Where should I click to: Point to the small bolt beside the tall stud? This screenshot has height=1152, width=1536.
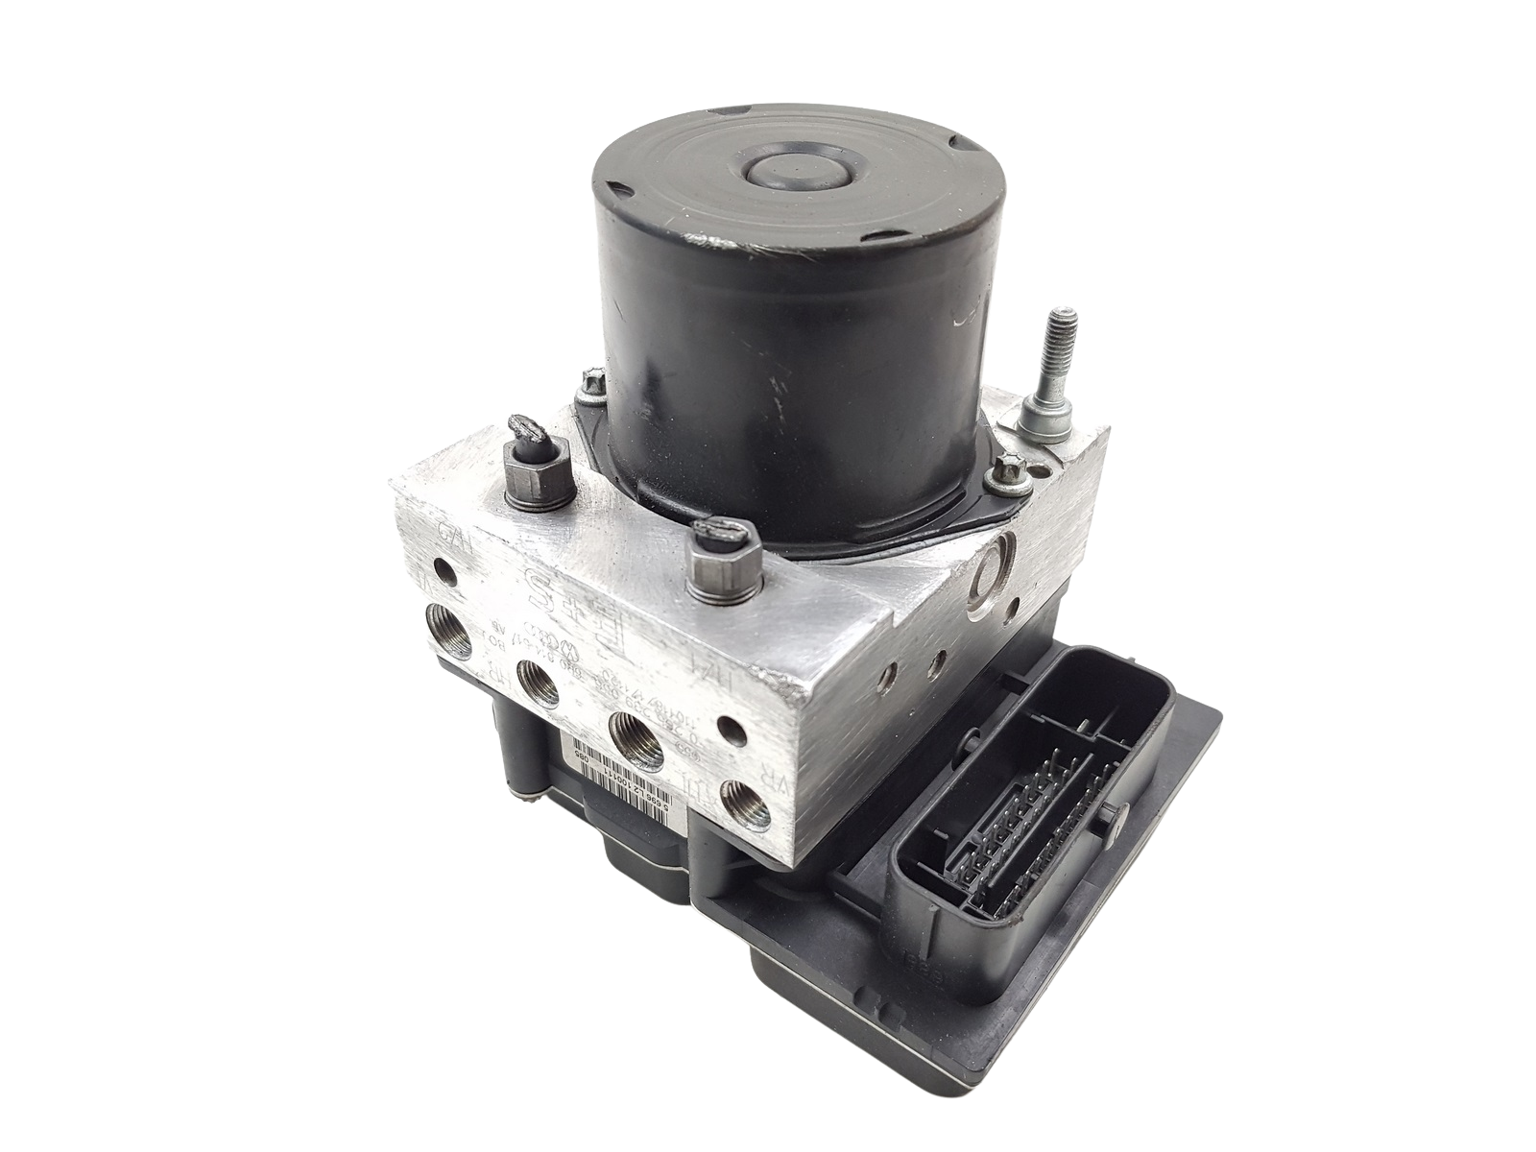1007,473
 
